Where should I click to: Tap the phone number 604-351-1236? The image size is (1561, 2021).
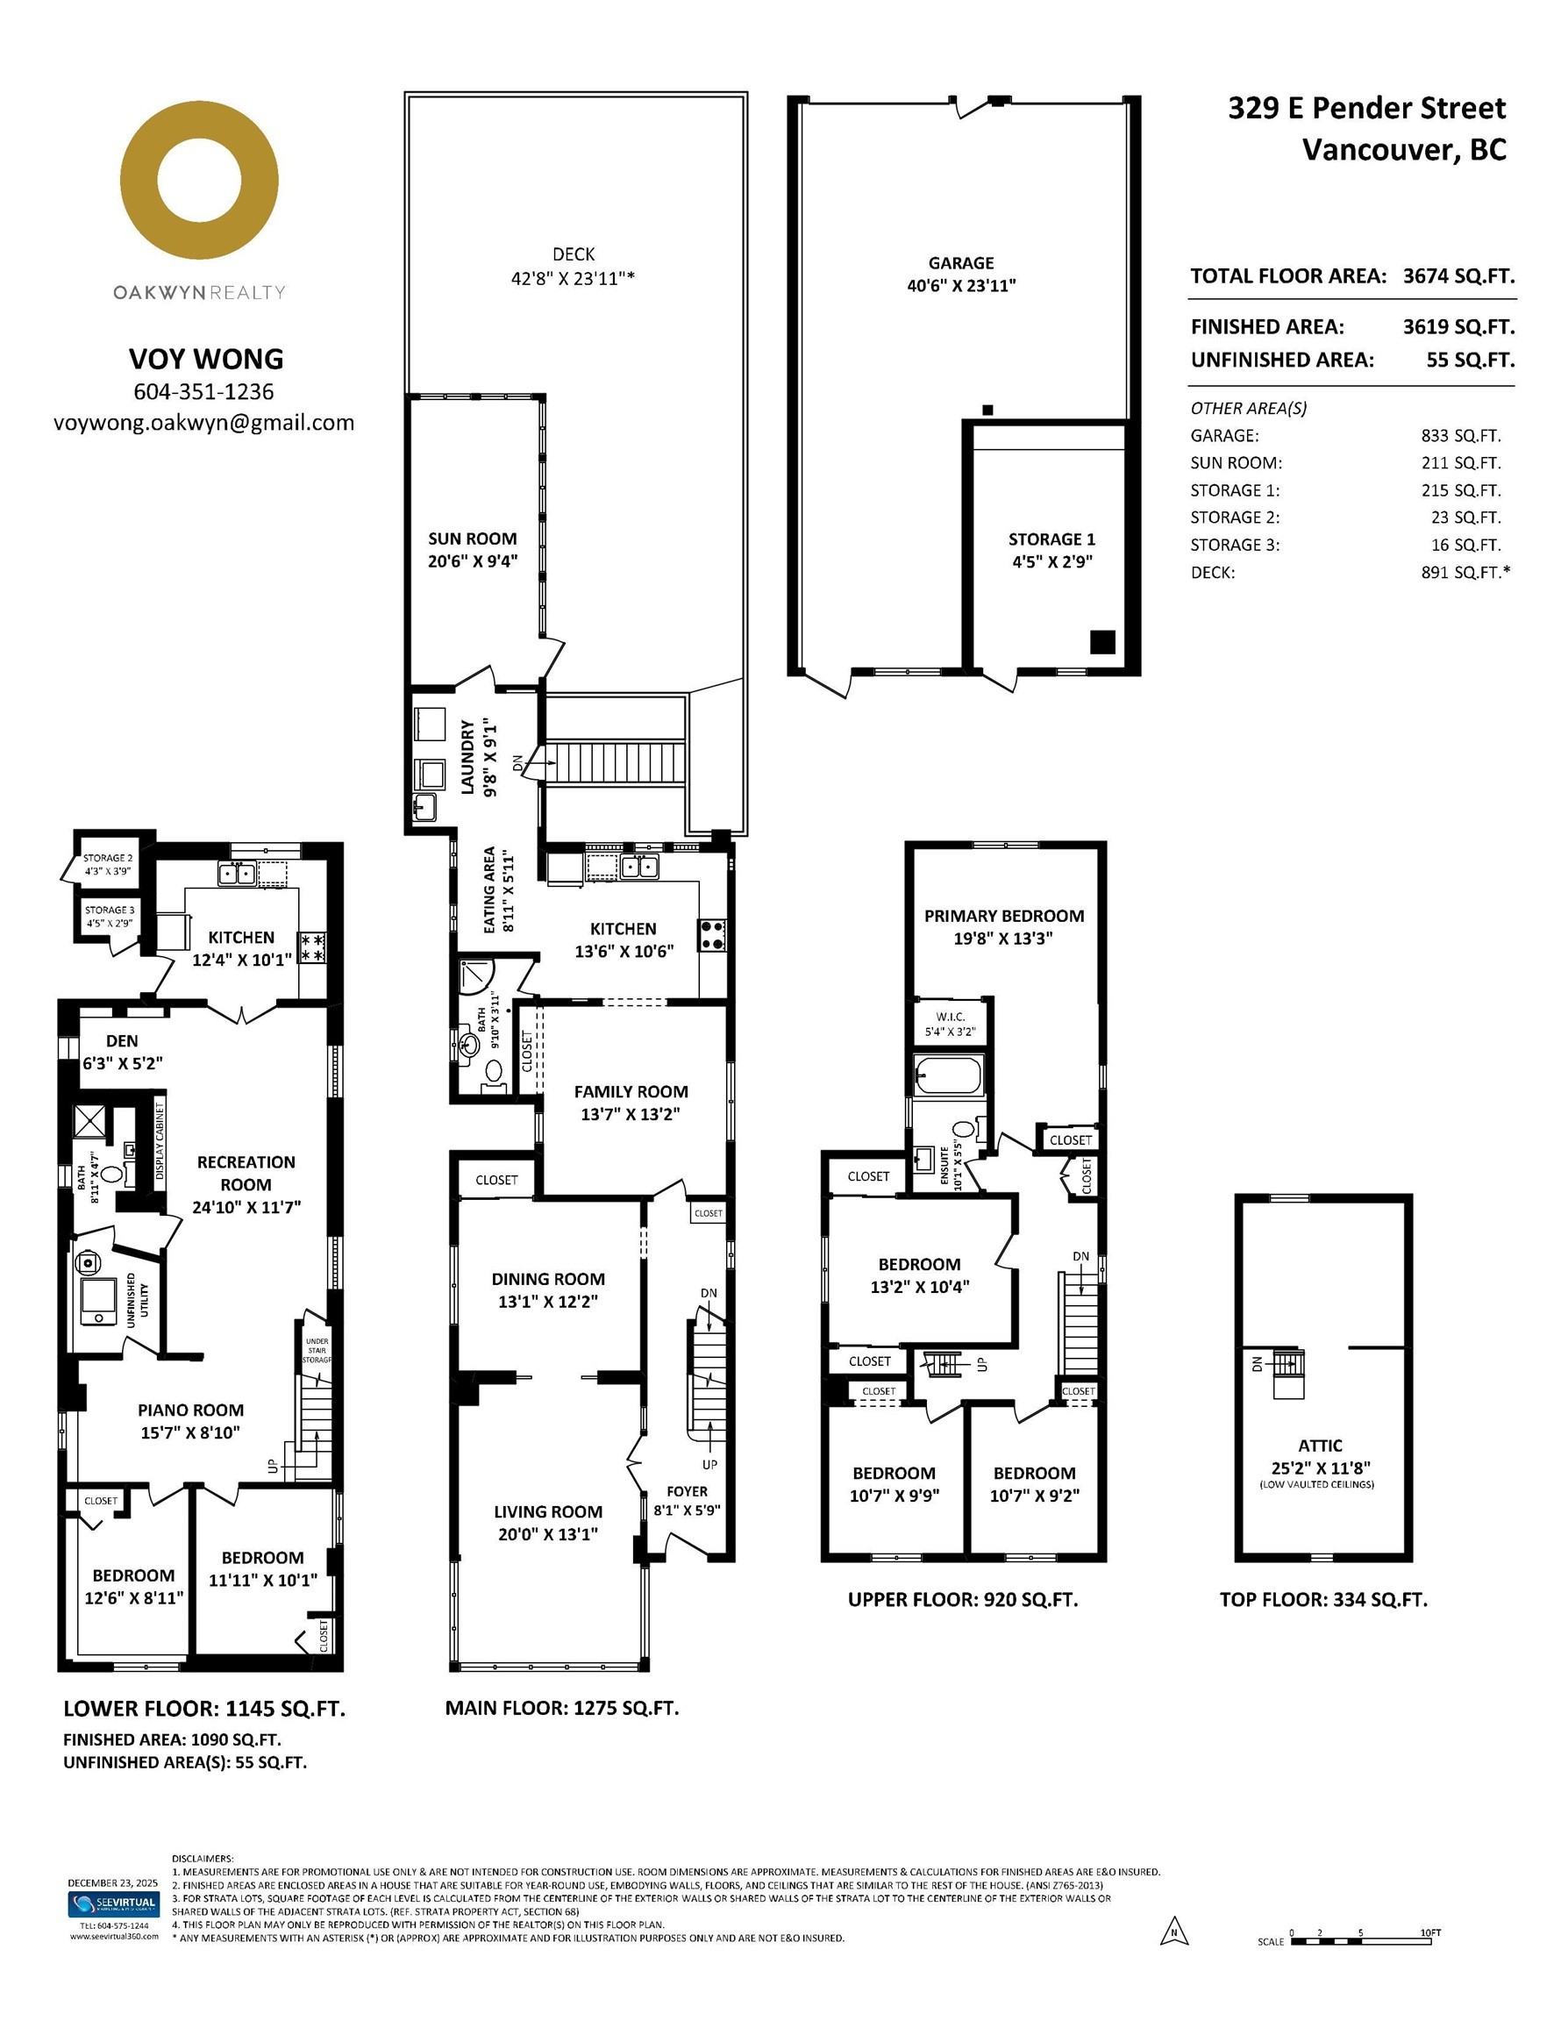(203, 391)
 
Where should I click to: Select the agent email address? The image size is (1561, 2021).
(203, 423)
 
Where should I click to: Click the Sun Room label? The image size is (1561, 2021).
(472, 539)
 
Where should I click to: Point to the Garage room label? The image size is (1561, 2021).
(961, 263)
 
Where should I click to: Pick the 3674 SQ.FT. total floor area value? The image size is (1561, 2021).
(1459, 275)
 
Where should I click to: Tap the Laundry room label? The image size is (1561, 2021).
(468, 757)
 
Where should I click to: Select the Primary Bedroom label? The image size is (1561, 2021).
(1004, 916)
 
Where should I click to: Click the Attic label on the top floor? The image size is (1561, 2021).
(1321, 1446)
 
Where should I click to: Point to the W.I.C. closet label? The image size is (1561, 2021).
(951, 1017)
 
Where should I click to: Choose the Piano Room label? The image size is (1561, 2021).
(190, 1410)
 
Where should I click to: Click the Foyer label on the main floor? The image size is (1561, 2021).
(687, 1492)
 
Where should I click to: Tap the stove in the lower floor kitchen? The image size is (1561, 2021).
(311, 947)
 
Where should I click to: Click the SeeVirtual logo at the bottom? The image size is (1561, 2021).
(113, 1903)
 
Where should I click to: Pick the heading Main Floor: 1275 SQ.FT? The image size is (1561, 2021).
(561, 1708)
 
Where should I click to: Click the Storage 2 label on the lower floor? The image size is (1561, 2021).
(108, 858)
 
